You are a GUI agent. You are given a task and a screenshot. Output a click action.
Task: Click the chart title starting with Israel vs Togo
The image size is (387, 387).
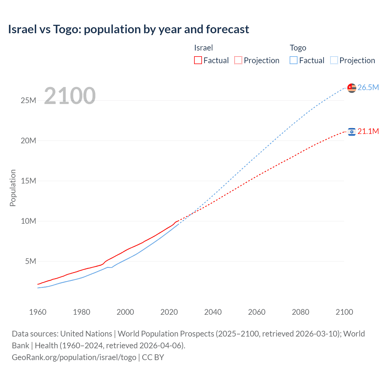(x=128, y=29)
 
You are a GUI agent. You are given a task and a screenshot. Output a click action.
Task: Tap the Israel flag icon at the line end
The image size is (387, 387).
(x=352, y=132)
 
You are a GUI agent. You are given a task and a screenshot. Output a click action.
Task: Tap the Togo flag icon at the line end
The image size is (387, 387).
(x=352, y=88)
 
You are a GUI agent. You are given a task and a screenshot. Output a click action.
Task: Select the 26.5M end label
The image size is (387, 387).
(x=368, y=88)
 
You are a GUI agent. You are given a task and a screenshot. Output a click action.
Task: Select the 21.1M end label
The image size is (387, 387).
(x=368, y=132)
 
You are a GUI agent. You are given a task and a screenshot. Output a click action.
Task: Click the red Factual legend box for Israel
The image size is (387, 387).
(x=198, y=60)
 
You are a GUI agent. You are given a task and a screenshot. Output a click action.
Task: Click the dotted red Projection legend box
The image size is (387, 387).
(x=238, y=60)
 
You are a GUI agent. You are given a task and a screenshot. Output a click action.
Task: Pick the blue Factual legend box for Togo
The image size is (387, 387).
(x=293, y=60)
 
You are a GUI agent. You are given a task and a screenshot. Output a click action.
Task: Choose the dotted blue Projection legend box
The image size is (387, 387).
(x=334, y=60)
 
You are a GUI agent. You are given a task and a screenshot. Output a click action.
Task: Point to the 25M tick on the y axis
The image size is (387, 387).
(x=28, y=100)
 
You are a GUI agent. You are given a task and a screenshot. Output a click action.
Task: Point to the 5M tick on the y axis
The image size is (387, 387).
(x=31, y=261)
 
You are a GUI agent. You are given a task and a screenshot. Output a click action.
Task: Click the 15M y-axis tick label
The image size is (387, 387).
(x=28, y=181)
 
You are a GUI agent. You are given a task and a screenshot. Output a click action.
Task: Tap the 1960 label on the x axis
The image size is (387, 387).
(x=38, y=312)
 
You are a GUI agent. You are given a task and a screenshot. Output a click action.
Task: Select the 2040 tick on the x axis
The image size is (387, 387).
(x=213, y=312)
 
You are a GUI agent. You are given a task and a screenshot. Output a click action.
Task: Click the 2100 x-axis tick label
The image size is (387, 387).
(x=344, y=312)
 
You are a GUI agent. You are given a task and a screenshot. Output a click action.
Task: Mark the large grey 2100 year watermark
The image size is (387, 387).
(x=70, y=96)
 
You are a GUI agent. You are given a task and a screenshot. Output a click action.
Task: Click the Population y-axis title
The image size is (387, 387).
(x=13, y=188)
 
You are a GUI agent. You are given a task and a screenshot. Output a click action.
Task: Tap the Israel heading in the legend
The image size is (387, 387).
(x=203, y=48)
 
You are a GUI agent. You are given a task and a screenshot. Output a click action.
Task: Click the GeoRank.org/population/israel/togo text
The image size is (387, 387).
(x=74, y=357)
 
